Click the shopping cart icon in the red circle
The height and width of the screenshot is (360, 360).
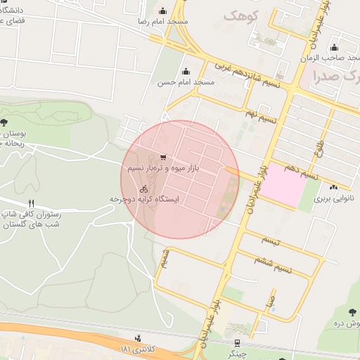[163, 157]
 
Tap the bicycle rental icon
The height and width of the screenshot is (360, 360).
[143, 188]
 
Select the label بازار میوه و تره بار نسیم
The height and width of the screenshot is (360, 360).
[163, 169]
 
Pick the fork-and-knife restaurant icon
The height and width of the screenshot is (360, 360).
[31, 203]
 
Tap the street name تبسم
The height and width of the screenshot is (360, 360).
[270, 241]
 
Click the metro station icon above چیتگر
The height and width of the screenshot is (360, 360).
[237, 342]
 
